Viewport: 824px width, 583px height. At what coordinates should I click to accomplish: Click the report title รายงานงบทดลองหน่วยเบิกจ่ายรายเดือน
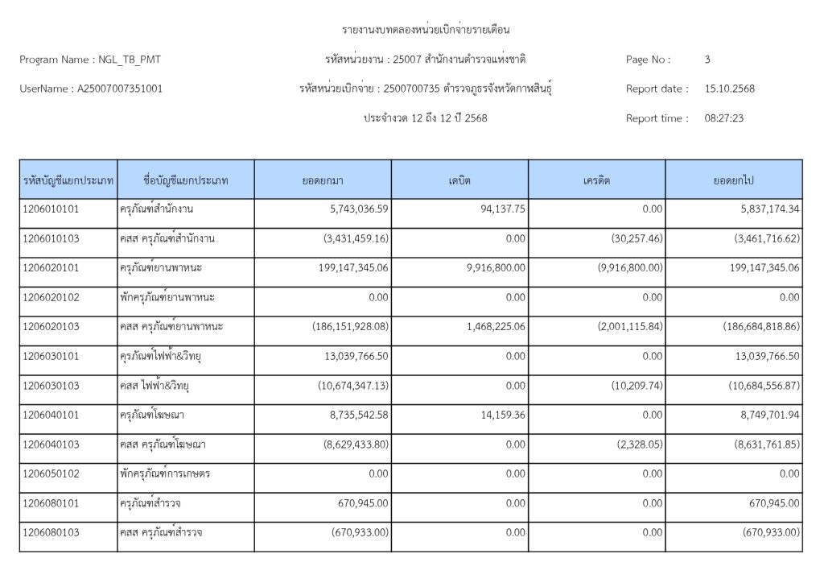(x=426, y=30)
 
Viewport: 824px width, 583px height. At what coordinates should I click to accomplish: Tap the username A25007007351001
(x=119, y=89)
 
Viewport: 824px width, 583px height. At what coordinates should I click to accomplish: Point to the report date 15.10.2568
(x=729, y=89)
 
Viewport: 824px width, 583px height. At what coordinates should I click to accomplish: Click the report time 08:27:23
(x=723, y=118)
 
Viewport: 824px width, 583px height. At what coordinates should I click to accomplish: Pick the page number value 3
(x=707, y=60)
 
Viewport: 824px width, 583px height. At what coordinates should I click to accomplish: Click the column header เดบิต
(x=460, y=180)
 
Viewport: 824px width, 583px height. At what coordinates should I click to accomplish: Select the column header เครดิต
(x=597, y=180)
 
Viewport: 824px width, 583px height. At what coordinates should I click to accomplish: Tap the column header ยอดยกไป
(x=733, y=180)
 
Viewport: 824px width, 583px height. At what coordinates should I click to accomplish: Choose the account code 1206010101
(x=51, y=209)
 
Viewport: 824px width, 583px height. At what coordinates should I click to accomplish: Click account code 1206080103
(x=51, y=532)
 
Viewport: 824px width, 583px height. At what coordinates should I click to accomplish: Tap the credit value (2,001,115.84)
(x=631, y=327)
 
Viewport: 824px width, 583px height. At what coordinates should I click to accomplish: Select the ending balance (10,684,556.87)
(x=764, y=386)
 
